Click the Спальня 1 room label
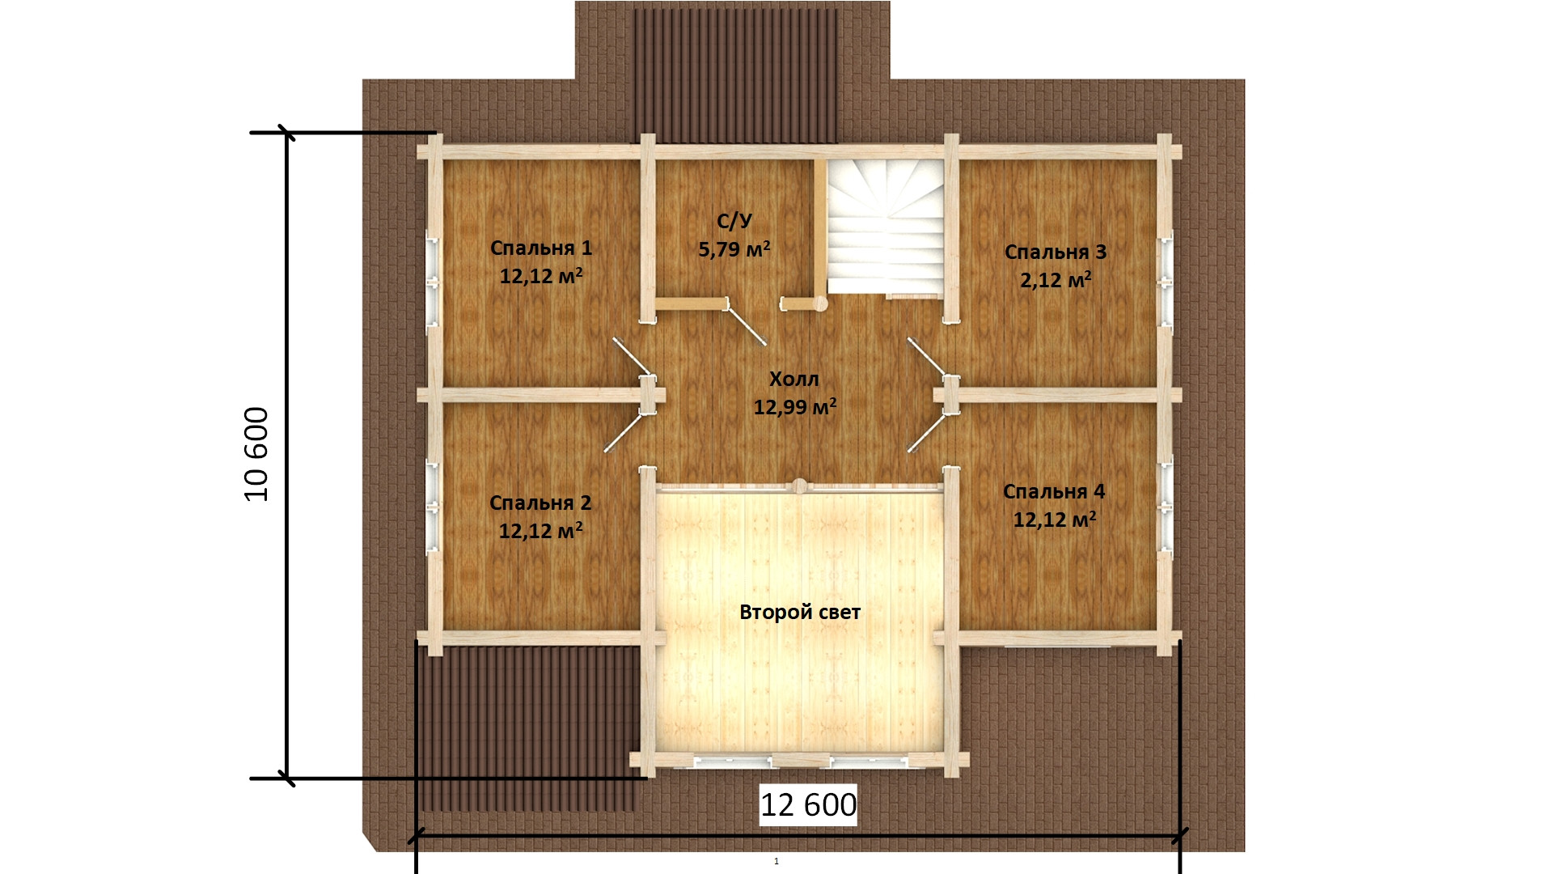tap(541, 248)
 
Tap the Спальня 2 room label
tap(540, 503)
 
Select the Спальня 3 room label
tap(1056, 252)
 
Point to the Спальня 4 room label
tap(1054, 491)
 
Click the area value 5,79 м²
tap(734, 248)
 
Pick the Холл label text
tap(794, 379)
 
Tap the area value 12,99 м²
tap(795, 406)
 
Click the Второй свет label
tap(800, 613)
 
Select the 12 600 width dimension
tap(808, 804)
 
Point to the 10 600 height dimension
tap(256, 454)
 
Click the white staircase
tap(886, 227)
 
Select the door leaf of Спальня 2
tap(626, 431)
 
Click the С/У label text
tap(734, 221)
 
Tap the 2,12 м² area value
tap(1056, 280)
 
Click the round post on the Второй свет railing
tap(799, 486)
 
